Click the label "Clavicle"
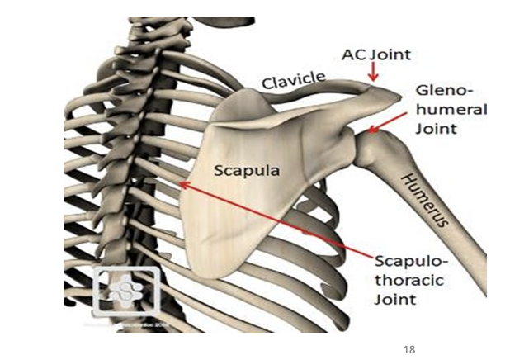click(x=294, y=79)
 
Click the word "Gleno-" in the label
click(x=442, y=88)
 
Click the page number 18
click(x=409, y=351)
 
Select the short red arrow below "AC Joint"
click(x=373, y=73)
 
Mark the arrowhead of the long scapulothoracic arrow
click(x=183, y=185)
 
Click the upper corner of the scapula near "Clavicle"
click(x=239, y=93)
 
